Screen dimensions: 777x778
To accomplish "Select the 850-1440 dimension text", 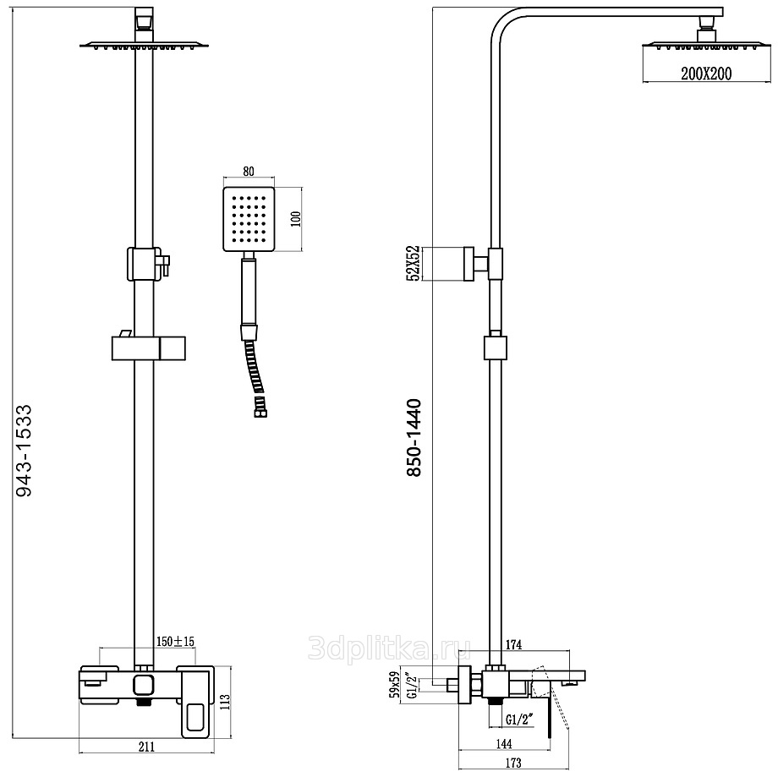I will click(x=414, y=437).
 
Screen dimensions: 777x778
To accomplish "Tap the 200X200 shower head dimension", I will click(x=706, y=74).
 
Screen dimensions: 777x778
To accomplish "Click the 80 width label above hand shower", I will click(x=249, y=170).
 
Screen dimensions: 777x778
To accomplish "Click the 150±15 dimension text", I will click(x=175, y=642).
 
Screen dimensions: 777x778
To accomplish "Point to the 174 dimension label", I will click(x=513, y=645).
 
